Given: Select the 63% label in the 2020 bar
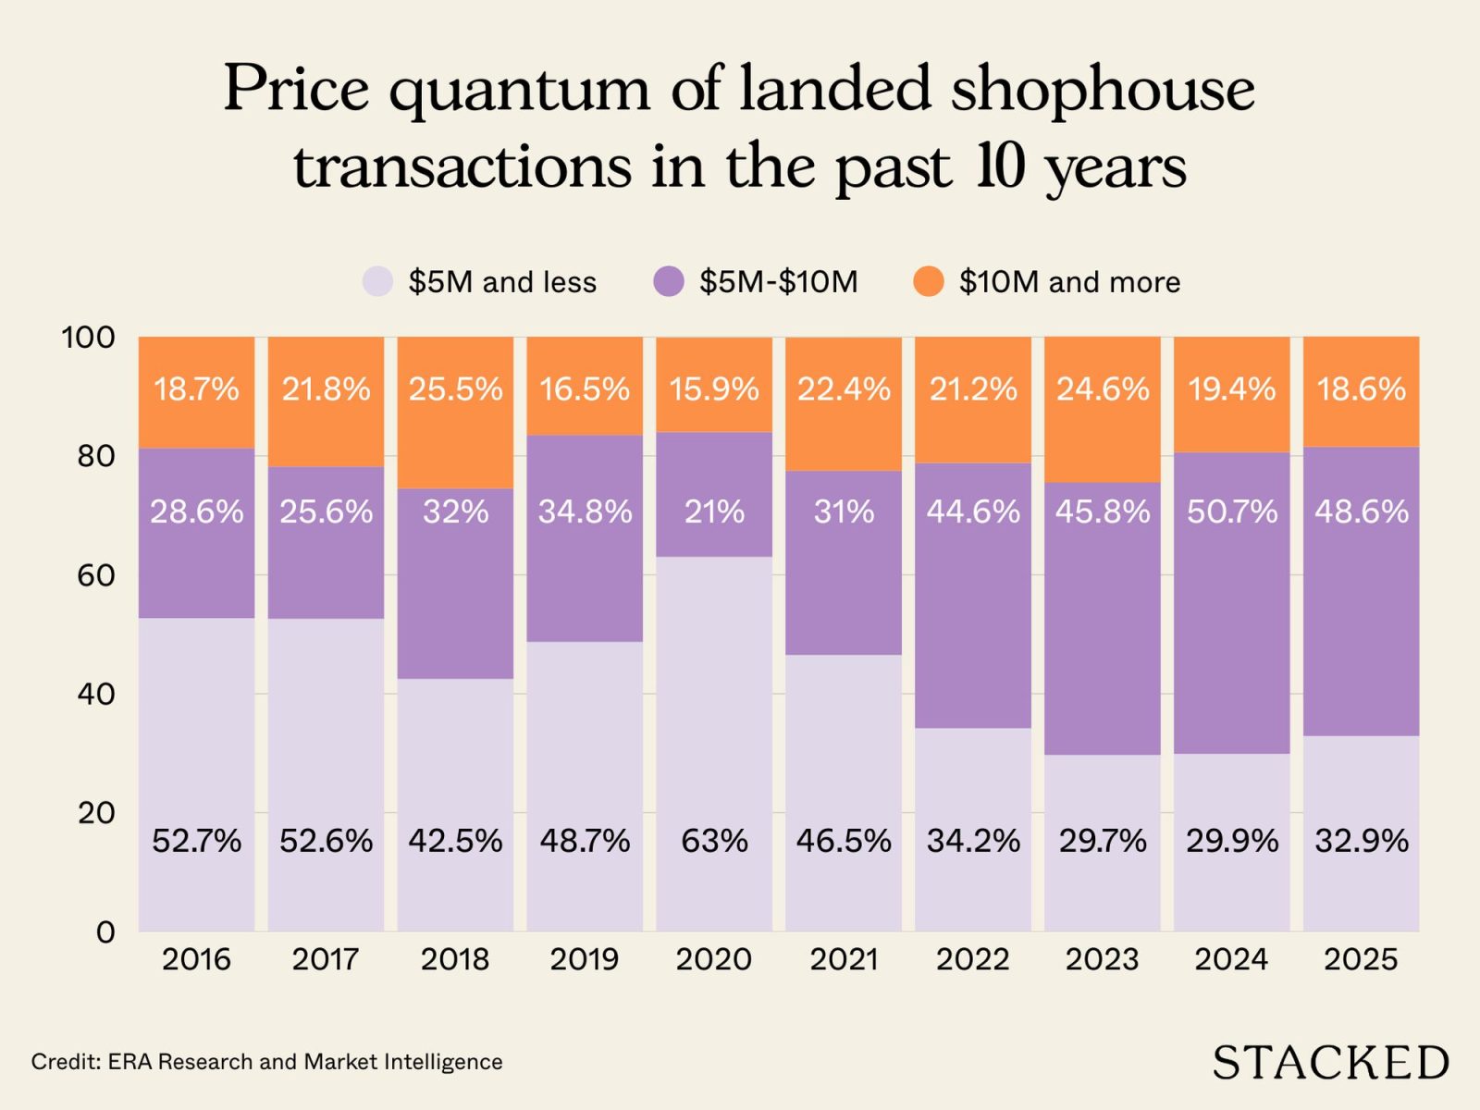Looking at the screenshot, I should point(714,841).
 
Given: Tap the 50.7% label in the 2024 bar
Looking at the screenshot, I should point(1232,512).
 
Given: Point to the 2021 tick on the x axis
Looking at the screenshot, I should point(844,959).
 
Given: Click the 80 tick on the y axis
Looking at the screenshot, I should point(95,456).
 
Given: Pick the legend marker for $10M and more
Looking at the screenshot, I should point(928,281).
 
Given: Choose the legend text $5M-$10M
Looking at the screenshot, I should point(778,281).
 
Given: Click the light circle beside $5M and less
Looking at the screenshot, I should point(377,281).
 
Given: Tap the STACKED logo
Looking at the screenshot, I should point(1330,1062).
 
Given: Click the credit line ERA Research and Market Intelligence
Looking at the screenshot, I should point(266,1062).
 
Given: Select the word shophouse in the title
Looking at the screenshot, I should point(1103,90).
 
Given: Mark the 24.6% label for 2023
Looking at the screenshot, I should point(1103,389).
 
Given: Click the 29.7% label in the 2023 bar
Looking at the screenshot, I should point(1103,841).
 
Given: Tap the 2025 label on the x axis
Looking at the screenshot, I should point(1361,959).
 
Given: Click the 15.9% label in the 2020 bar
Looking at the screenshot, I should point(714,389).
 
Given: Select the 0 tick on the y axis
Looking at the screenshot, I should point(105,931).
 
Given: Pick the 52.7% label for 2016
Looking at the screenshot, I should point(196,841).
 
